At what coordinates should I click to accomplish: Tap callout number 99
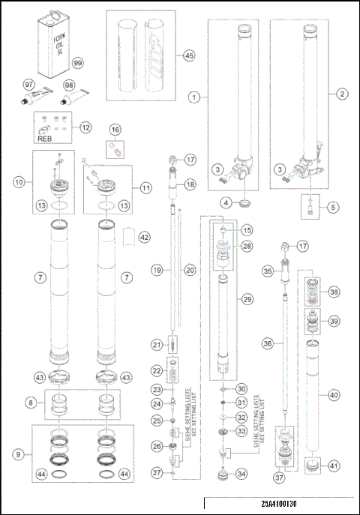[x=76, y=64]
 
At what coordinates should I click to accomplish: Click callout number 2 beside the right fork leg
[x=343, y=94]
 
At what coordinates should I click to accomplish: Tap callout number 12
[x=87, y=127]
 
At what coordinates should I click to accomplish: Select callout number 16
[x=115, y=130]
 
